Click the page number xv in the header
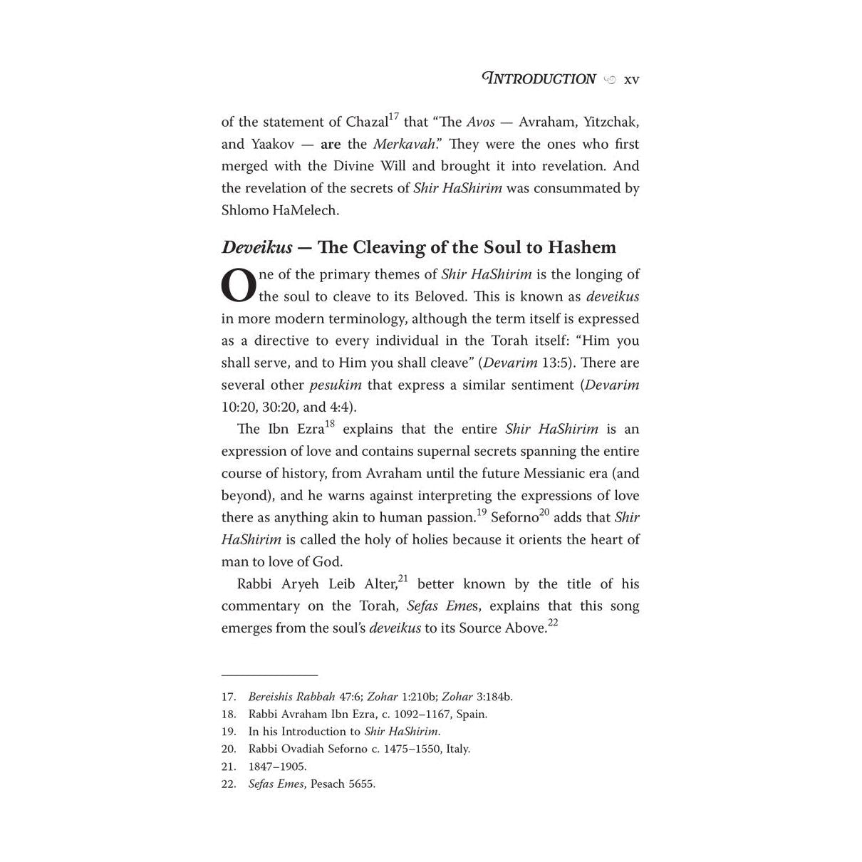tap(631, 80)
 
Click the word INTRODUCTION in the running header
tap(539, 79)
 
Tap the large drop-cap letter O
tap(238, 286)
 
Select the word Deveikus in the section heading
tap(256, 248)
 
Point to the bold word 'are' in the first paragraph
tap(331, 144)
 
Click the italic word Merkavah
tap(404, 144)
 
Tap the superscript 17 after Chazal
tap(394, 116)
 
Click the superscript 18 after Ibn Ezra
tap(330, 424)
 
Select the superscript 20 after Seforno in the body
tap(544, 512)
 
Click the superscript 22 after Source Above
tap(553, 623)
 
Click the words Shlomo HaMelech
tap(280, 211)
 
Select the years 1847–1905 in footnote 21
tap(277, 767)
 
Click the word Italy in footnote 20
tap(458, 749)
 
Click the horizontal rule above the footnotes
tap(269, 675)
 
